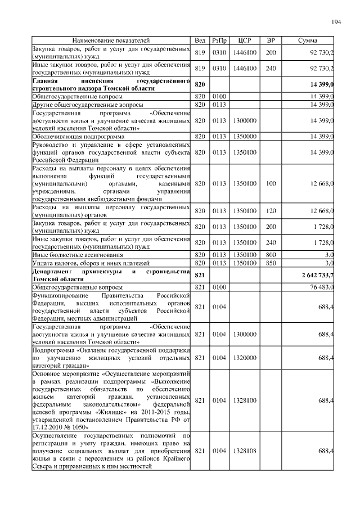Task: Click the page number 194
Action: pyautogui.click(x=336, y=22)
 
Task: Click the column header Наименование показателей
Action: pyautogui.click(x=111, y=41)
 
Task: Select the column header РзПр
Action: pyautogui.click(x=219, y=41)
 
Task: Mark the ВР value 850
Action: pyautogui.click(x=271, y=263)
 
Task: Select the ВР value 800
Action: pyautogui.click(x=271, y=255)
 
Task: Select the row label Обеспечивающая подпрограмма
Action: pyautogui.click(x=73, y=136)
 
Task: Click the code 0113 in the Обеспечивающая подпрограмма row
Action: pyautogui.click(x=219, y=136)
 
